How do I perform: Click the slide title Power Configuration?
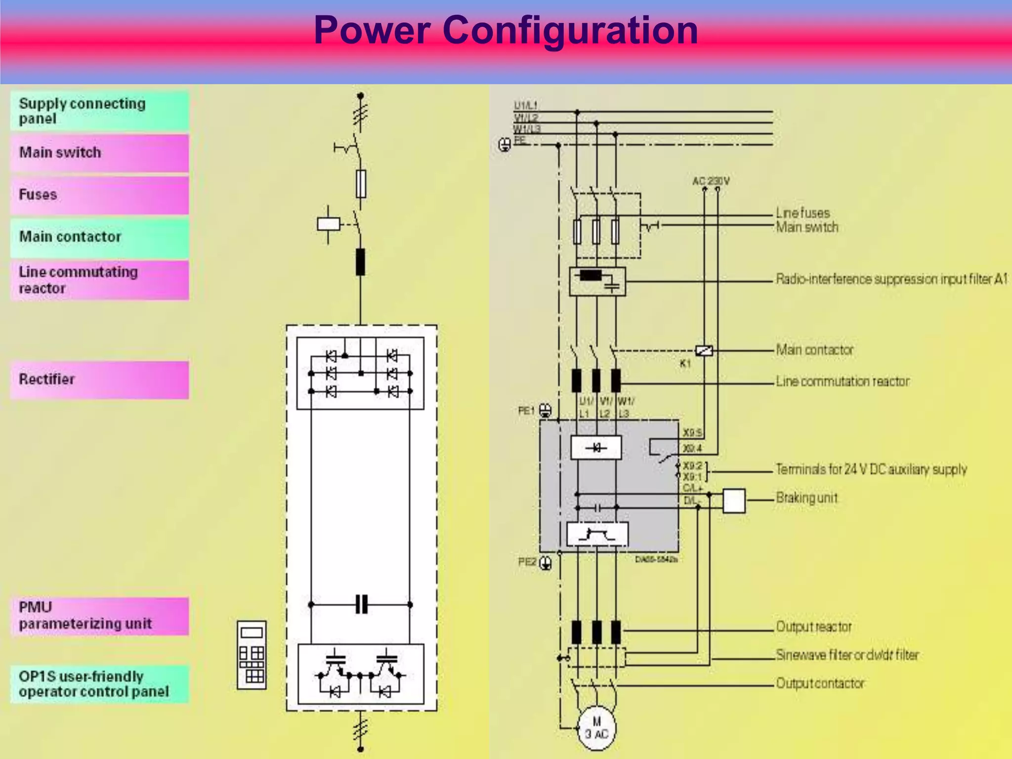click(506, 31)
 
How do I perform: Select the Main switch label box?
click(99, 153)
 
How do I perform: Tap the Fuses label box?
click(99, 195)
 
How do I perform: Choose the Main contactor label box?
click(99, 237)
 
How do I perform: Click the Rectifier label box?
click(99, 379)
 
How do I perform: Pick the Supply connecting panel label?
click(99, 111)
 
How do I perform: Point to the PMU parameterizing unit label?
click(99, 616)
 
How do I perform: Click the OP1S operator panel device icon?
click(252, 655)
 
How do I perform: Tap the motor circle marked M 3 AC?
click(597, 728)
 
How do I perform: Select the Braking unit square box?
click(734, 501)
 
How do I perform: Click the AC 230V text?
click(711, 181)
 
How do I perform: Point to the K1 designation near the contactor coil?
click(685, 364)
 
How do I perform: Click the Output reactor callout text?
click(814, 627)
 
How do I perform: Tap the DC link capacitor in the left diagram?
click(361, 604)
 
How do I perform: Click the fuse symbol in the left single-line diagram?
click(361, 184)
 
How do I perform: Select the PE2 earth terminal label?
click(527, 562)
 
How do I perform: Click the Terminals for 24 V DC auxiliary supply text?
click(871, 469)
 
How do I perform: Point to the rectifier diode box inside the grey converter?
click(596, 448)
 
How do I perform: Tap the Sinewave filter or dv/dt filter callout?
click(847, 655)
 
